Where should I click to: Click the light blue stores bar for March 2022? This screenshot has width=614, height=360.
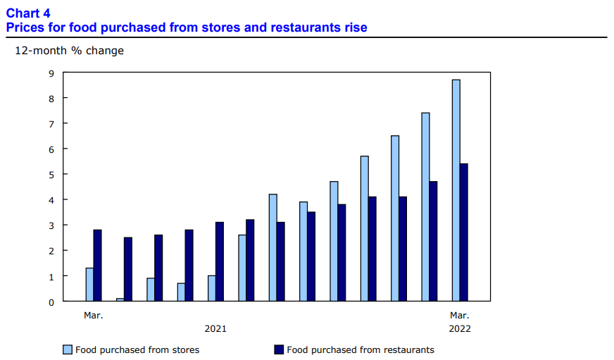click(x=456, y=190)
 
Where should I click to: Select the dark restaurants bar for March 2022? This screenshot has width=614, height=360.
click(x=464, y=232)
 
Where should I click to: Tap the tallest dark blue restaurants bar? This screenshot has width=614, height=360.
click(x=464, y=232)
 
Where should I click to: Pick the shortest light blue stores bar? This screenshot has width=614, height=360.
click(x=120, y=299)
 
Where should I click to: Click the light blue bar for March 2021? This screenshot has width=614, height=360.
click(x=89, y=285)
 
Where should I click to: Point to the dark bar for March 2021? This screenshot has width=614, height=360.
click(x=97, y=266)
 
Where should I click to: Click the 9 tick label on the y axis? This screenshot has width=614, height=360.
click(x=51, y=73)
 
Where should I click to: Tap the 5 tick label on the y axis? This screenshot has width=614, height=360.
click(x=51, y=174)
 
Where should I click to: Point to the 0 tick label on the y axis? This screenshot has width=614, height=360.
click(x=51, y=302)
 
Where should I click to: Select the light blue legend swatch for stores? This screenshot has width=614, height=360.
click(x=68, y=349)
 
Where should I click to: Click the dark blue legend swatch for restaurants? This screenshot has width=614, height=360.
click(x=278, y=349)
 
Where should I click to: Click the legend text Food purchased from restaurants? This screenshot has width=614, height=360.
click(x=361, y=349)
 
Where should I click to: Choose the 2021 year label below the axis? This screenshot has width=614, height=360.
click(x=215, y=328)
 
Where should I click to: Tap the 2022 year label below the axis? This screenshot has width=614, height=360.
click(x=459, y=328)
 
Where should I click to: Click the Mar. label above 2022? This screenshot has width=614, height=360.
click(x=459, y=315)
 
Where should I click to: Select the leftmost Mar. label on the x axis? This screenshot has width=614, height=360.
click(x=94, y=315)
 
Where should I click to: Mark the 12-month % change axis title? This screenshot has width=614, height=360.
click(x=69, y=51)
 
